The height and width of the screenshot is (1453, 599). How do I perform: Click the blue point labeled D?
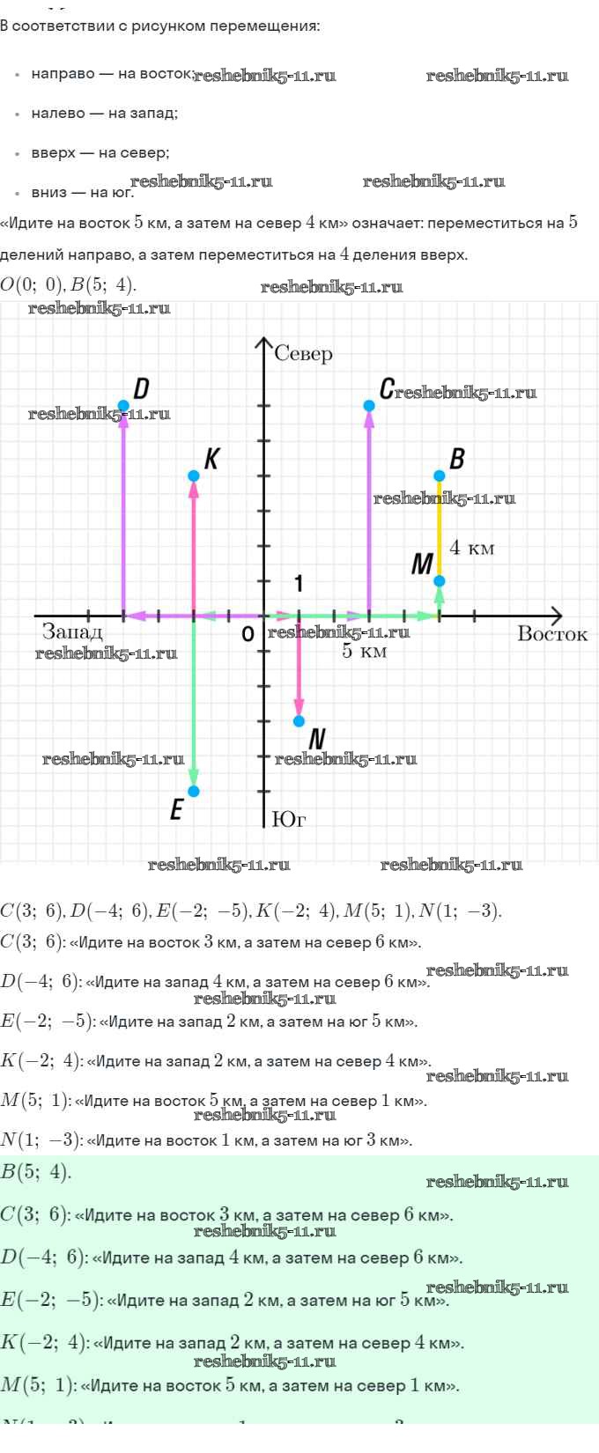pos(123,405)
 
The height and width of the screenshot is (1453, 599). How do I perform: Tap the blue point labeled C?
pos(369,405)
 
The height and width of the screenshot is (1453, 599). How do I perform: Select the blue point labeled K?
pos(194,476)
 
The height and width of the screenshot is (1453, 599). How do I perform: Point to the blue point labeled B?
pos(440,476)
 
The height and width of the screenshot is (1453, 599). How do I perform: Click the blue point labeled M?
pos(440,580)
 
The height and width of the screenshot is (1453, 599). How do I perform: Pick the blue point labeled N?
pos(299,721)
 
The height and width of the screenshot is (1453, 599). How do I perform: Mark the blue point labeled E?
pos(194,791)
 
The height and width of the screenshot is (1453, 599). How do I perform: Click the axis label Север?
pos(303,354)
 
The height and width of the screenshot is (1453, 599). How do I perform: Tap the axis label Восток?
pos(552,634)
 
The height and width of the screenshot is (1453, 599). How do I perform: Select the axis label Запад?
pos(72,631)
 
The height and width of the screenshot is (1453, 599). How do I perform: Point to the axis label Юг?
pos(289,819)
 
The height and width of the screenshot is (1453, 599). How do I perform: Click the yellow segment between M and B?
pos(440,528)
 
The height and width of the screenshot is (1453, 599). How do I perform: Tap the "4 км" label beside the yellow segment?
pos(472,548)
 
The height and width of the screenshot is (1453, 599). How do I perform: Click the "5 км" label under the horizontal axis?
pos(364,652)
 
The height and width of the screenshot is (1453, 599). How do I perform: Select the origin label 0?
pos(248,634)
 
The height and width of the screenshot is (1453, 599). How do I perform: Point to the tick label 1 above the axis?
pos(299,584)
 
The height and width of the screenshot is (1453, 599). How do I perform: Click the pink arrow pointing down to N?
pos(299,669)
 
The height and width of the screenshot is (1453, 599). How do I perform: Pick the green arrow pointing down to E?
pos(194,704)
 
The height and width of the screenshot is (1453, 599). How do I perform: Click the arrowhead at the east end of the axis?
pos(555,616)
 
